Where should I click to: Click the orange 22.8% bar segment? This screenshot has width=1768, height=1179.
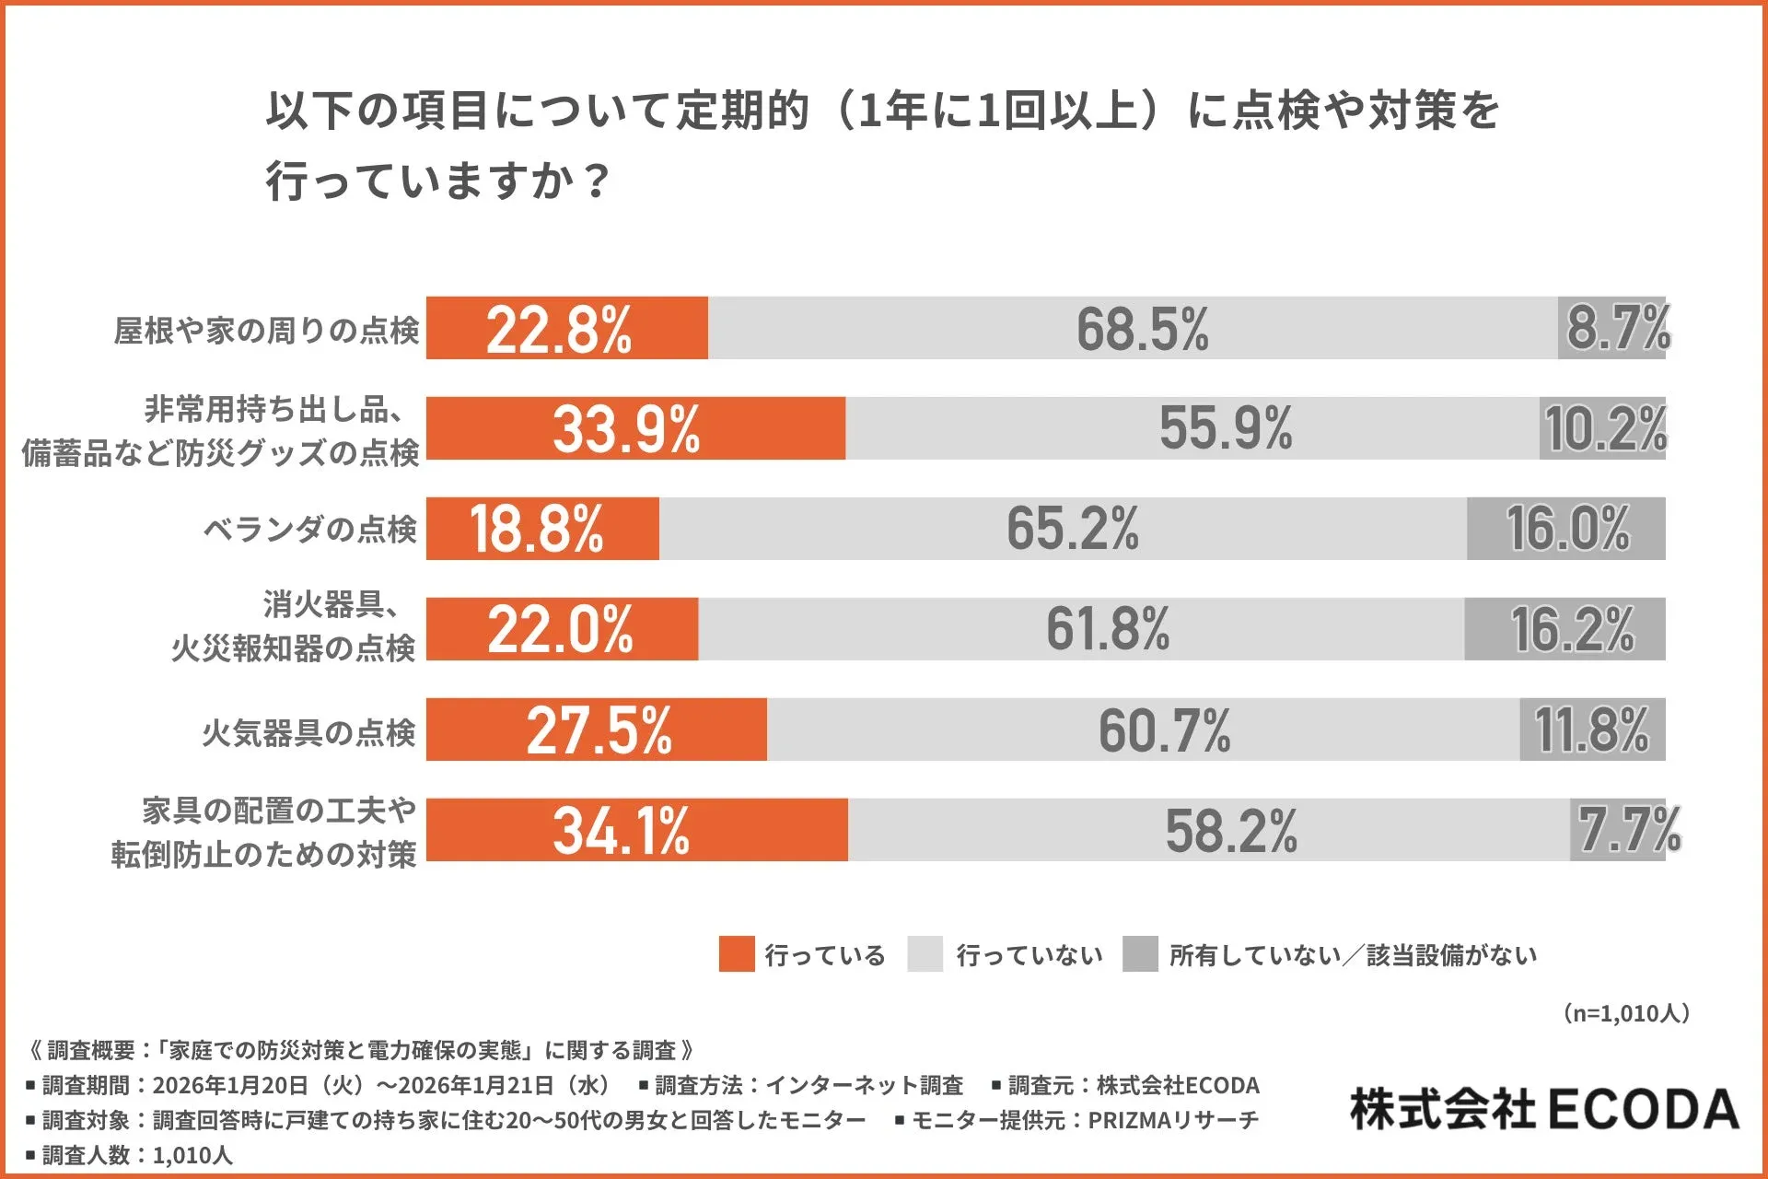click(x=566, y=328)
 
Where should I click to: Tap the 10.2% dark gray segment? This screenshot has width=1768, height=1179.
click(x=1603, y=428)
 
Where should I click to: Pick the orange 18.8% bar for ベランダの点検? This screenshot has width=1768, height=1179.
click(x=542, y=529)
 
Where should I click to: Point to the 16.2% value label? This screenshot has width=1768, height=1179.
click(x=1572, y=629)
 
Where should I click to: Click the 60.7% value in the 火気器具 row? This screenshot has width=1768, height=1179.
click(x=1164, y=730)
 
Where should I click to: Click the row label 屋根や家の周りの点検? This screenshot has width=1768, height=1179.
click(x=265, y=330)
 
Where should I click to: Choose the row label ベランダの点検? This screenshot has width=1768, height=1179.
click(x=309, y=530)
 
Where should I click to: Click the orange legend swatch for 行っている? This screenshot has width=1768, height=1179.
click(x=736, y=954)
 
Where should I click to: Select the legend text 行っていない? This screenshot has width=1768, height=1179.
click(x=1029, y=955)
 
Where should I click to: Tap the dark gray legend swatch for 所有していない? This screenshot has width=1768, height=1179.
click(x=1140, y=954)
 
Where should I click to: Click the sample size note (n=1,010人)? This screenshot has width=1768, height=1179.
click(x=1626, y=1013)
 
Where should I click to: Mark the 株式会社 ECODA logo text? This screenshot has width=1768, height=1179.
click(x=1544, y=1109)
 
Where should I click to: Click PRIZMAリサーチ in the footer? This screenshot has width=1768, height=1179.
click(x=1173, y=1120)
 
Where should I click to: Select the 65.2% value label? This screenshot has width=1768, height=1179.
click(x=1072, y=529)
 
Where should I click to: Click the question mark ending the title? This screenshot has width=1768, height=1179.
click(x=597, y=181)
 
